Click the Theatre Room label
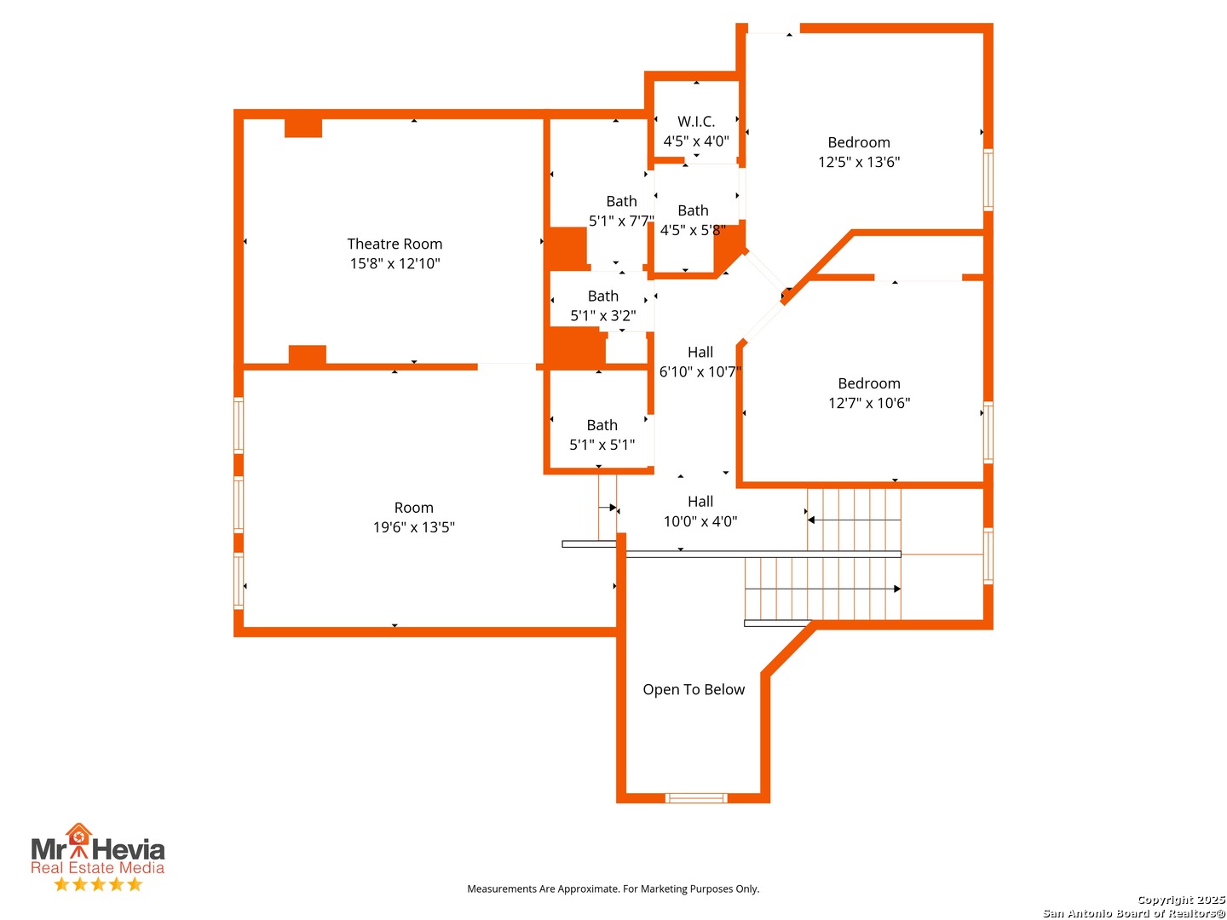395,244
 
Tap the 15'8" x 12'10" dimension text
395,263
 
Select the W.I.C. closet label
695,121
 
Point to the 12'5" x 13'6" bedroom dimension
858,162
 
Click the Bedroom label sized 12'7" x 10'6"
868,383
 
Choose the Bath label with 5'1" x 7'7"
621,201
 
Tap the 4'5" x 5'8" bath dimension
693,230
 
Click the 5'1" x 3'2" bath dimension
602,315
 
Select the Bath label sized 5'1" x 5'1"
602,425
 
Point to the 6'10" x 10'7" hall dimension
700,371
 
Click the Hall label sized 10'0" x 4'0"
700,501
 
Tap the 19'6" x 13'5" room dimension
413,526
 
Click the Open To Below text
693,689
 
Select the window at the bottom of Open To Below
695,797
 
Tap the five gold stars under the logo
98,884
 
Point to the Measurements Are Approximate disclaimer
613,888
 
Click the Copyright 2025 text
1181,900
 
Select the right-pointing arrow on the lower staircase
822,589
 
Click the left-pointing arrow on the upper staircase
854,520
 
